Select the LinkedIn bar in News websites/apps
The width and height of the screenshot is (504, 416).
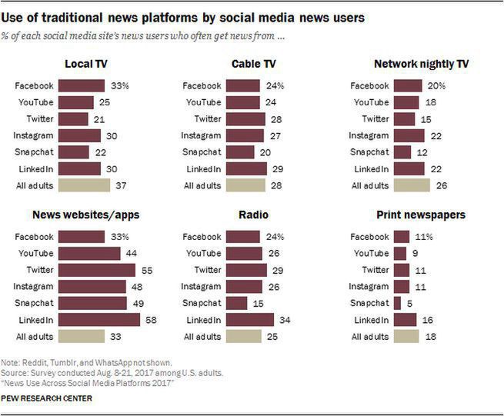(x=98, y=319)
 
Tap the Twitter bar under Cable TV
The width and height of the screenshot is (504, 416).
(x=245, y=119)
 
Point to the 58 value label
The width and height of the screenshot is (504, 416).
(x=150, y=319)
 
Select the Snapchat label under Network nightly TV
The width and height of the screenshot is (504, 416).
(x=369, y=152)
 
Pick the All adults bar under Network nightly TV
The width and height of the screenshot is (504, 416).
(x=411, y=185)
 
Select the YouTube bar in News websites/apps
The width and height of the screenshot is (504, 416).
(x=89, y=253)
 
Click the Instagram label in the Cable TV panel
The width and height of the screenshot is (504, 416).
(x=202, y=136)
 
